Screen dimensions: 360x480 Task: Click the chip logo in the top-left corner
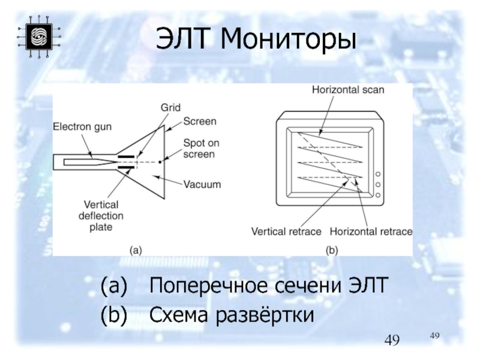(x=38, y=37)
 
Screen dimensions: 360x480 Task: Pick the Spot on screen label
(x=199, y=148)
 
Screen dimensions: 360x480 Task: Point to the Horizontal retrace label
(x=371, y=231)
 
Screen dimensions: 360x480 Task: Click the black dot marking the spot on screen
(x=160, y=162)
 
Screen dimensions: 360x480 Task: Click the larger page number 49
(x=393, y=341)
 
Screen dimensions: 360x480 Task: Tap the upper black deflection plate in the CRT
(x=126, y=157)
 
